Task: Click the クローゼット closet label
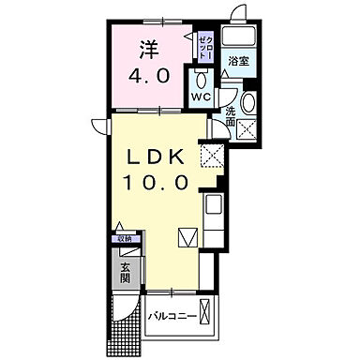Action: pos(206,45)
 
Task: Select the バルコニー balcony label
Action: pos(172,316)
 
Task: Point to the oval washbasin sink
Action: pos(248,103)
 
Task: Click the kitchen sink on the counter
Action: pos(212,205)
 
